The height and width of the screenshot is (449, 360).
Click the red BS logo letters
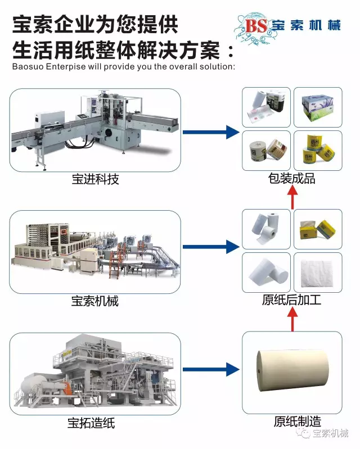tap(256, 25)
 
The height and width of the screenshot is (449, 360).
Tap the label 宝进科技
tap(96, 179)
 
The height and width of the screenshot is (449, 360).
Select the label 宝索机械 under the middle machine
tap(95, 301)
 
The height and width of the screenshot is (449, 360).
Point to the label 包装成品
tap(291, 179)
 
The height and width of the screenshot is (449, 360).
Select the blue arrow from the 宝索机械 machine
tap(211, 246)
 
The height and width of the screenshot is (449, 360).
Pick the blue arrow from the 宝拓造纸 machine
tap(211, 369)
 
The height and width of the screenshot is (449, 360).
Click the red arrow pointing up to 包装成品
tap(292, 197)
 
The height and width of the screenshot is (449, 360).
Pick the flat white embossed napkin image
tap(318, 272)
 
